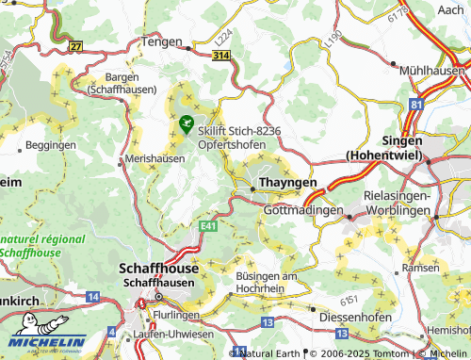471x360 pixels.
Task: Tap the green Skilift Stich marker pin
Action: point(186,123)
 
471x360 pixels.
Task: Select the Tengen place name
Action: point(161,41)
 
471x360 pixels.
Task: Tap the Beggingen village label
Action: point(50,146)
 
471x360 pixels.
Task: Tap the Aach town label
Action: point(451,8)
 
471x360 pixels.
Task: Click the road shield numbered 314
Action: point(219,57)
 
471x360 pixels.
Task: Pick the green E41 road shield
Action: point(209,226)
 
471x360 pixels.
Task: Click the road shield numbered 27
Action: point(74,45)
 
